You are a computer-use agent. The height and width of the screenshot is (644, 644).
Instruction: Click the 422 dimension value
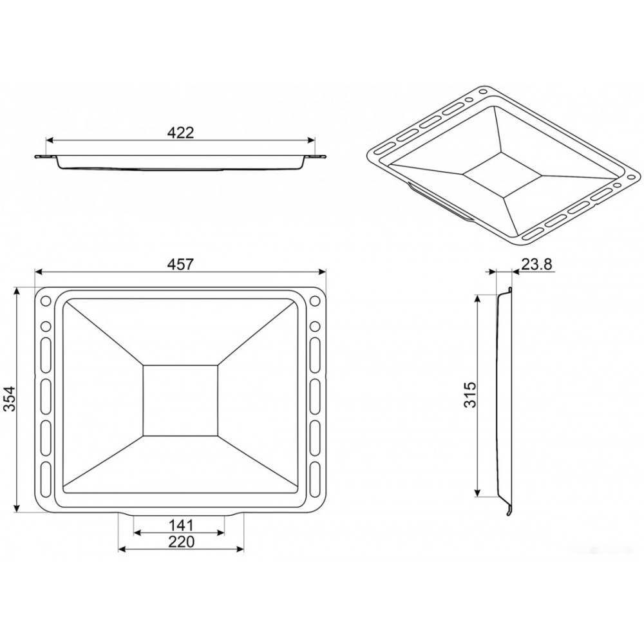point(180,133)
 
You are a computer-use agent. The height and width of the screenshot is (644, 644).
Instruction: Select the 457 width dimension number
point(180,264)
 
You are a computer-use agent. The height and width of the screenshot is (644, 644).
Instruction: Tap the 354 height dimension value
point(8,398)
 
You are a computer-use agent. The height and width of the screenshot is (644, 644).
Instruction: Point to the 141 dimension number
point(181,525)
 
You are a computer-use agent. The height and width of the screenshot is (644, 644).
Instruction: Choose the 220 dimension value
point(181,542)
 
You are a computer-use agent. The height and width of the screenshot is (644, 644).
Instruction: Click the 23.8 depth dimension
point(537,264)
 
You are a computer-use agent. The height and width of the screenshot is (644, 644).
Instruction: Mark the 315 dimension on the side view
point(469,394)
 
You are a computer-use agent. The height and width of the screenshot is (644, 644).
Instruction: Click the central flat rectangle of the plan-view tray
point(180,400)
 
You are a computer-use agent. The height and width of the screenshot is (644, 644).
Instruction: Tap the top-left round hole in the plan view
point(46,301)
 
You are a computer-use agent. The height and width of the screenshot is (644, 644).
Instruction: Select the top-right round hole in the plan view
point(315,301)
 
